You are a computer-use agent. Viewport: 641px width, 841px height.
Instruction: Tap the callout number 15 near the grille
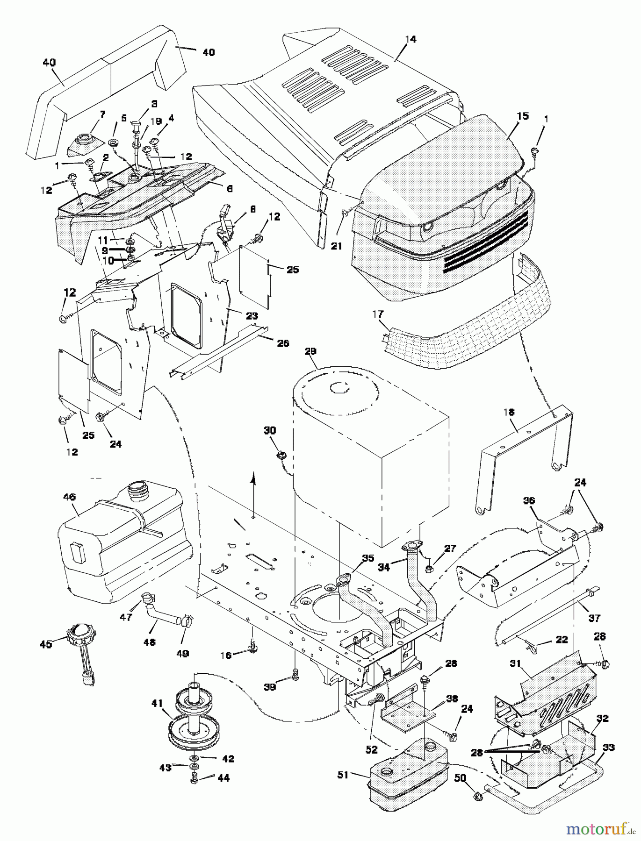click(522, 115)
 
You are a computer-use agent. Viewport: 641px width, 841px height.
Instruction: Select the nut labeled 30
click(282, 454)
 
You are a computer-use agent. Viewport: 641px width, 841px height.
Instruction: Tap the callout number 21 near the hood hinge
click(337, 246)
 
